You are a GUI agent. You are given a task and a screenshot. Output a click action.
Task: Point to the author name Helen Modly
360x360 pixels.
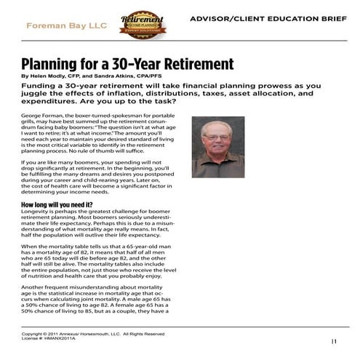(x=47, y=76)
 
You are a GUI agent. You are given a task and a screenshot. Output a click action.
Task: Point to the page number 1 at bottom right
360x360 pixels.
(x=334, y=340)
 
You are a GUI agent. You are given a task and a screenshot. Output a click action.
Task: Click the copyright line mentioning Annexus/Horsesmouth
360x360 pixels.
(x=93, y=334)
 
